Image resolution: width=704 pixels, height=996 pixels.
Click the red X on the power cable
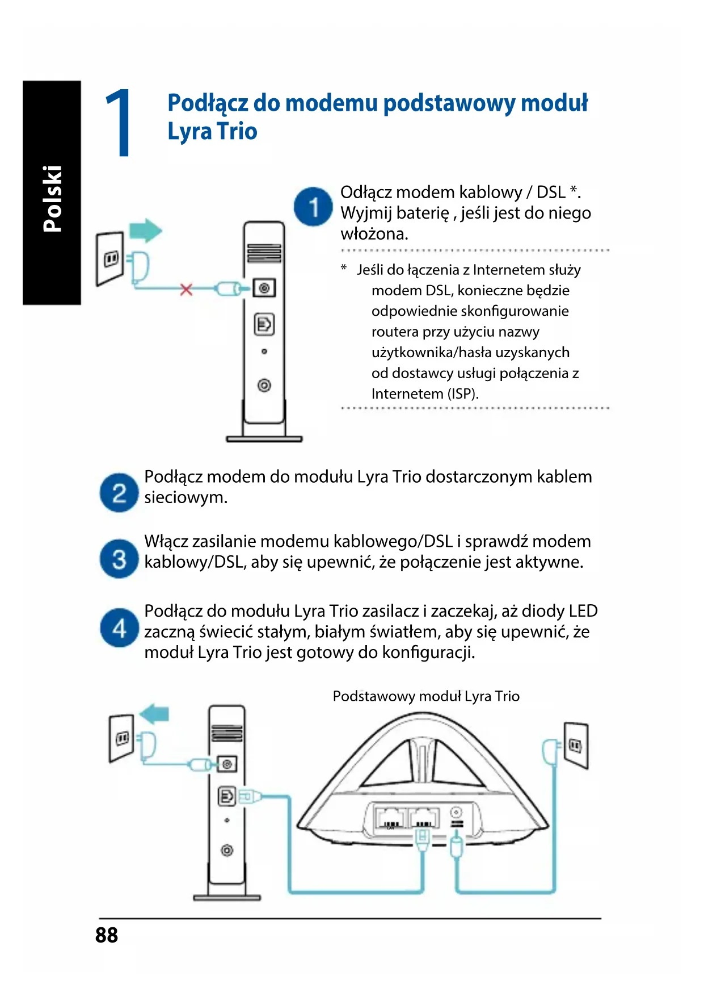[x=186, y=290]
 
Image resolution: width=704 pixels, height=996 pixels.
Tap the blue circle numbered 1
[x=313, y=207]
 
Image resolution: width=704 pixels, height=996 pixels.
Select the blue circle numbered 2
[x=119, y=493]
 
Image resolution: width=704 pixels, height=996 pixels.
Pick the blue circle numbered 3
[x=119, y=559]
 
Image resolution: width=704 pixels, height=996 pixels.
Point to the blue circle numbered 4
[x=119, y=628]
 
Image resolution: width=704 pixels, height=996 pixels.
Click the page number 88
[x=107, y=935]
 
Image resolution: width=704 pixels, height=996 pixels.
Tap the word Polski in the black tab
[x=52, y=199]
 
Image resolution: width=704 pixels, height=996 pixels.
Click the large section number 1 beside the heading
[x=119, y=123]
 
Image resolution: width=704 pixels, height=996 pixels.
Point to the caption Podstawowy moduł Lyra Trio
[x=426, y=696]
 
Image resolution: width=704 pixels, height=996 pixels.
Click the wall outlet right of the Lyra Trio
[x=576, y=745]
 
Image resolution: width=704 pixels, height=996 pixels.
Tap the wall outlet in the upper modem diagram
[x=110, y=258]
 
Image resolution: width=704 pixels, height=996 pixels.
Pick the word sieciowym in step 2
[x=186, y=497]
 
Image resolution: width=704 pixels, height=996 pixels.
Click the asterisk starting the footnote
[x=344, y=268]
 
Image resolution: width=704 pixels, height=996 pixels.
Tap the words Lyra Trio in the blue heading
[x=212, y=132]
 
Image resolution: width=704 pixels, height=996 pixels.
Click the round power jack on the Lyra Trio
[x=456, y=813]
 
